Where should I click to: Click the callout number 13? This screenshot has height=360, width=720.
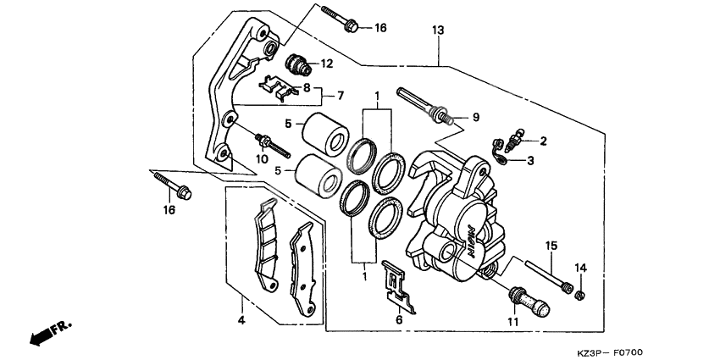(x=437, y=30)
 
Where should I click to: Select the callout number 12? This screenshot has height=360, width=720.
(x=326, y=64)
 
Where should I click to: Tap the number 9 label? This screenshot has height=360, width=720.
(x=476, y=117)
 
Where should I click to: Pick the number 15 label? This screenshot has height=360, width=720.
(x=551, y=246)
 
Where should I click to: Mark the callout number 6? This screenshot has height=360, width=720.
(x=399, y=321)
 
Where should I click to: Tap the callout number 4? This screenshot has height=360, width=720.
(x=241, y=320)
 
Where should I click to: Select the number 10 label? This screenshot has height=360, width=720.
(x=262, y=158)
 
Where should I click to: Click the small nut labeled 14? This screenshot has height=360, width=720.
(x=580, y=295)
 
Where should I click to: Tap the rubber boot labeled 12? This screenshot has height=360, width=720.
(x=298, y=64)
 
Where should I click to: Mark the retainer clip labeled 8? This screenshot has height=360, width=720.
(x=276, y=86)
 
